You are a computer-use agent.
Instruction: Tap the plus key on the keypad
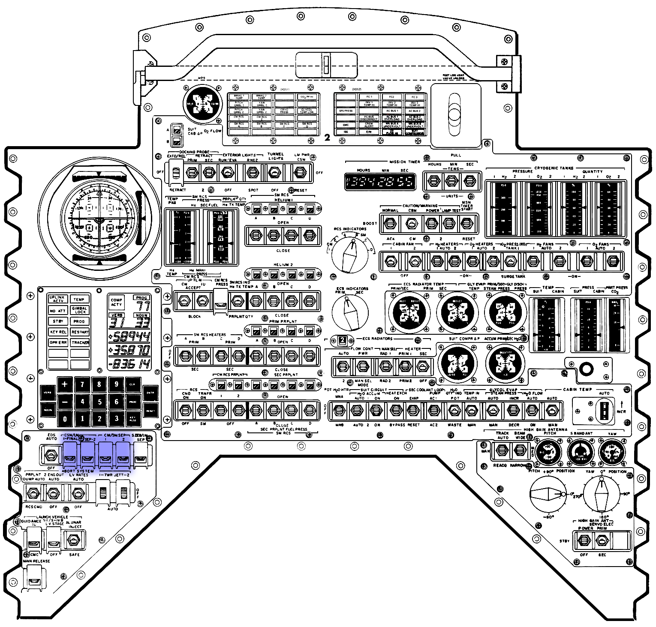64,384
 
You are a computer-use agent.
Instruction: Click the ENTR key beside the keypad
150,393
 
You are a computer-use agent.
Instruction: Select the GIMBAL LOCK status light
80,310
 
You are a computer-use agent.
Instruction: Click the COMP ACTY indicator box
117,302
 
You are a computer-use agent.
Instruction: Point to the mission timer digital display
380,182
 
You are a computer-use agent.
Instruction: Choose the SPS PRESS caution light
346,111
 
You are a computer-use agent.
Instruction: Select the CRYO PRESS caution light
284,111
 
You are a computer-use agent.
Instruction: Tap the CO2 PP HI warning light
306,97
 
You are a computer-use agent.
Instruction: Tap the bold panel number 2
327,138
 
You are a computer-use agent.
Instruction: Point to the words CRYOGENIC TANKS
555,168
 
